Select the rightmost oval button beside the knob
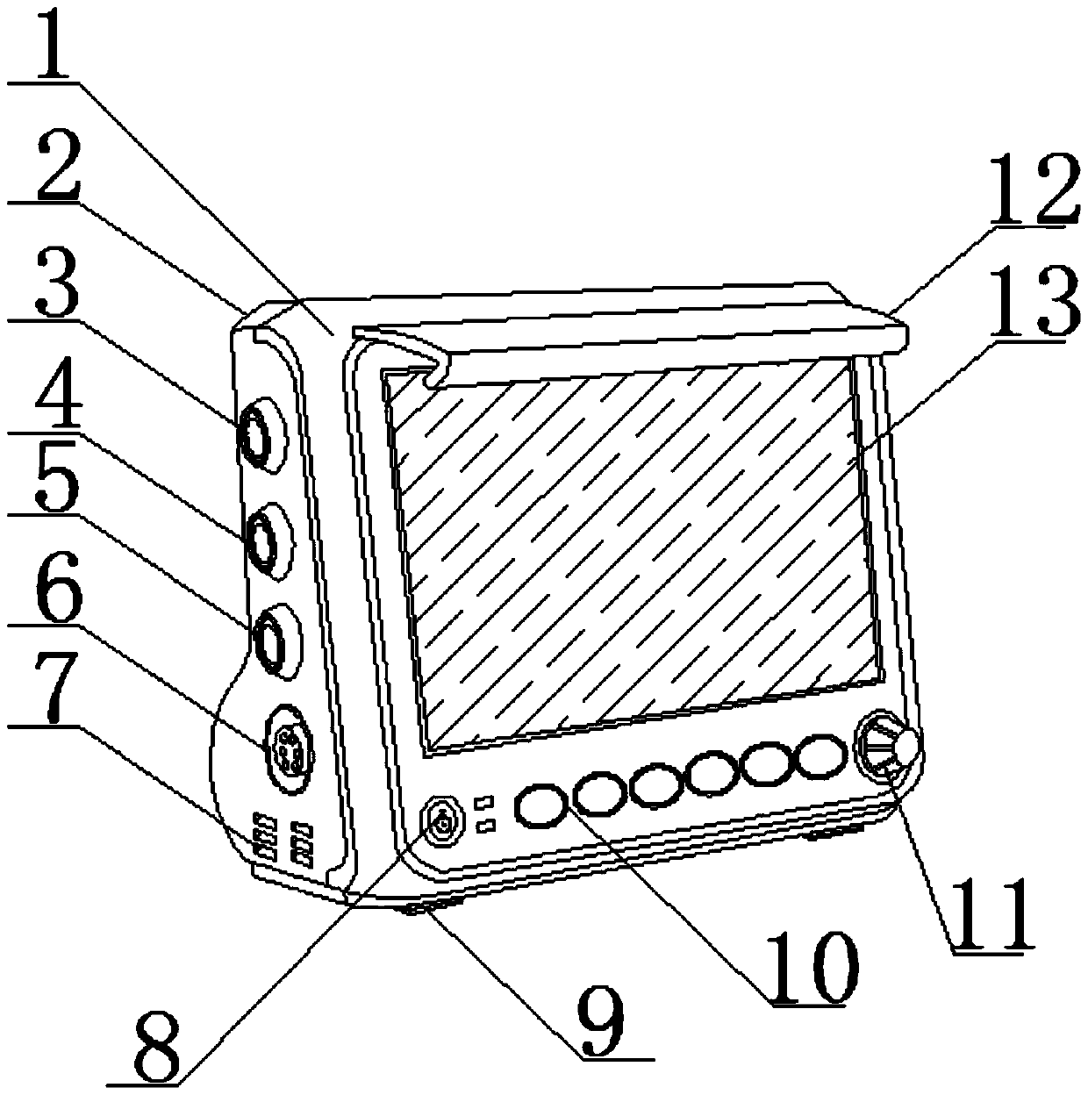pos(822,755)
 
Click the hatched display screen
pos(632,553)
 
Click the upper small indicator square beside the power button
pos(483,803)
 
